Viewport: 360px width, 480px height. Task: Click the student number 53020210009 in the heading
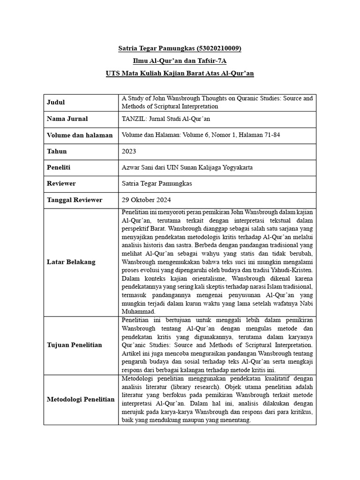pos(220,48)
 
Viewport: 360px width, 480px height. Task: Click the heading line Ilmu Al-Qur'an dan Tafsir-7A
pos(180,61)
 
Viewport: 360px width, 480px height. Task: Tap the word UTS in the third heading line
pos(113,74)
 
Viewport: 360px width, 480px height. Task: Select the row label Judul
pos(56,102)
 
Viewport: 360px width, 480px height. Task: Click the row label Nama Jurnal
pos(67,119)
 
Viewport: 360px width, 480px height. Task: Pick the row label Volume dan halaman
pos(80,135)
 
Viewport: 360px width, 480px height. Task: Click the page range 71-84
pos(270,135)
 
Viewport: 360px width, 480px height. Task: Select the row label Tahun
pos(57,151)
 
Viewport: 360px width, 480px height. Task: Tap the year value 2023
pos(129,151)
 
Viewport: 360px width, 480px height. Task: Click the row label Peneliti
pos(59,167)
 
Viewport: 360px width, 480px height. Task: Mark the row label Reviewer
pos(61,183)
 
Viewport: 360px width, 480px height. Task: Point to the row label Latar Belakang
pos(71,262)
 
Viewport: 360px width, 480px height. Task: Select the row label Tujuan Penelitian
pos(75,345)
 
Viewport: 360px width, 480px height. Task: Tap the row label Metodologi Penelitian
pos(81,399)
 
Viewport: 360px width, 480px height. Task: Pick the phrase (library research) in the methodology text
pos(198,387)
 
